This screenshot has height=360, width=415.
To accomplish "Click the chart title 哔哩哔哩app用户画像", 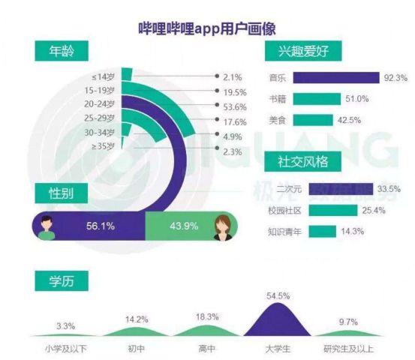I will (x=208, y=28).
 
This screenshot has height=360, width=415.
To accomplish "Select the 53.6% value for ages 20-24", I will (x=235, y=106).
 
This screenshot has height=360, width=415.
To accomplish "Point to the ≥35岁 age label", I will (x=102, y=146).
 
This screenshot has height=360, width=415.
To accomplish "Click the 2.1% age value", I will (x=232, y=76).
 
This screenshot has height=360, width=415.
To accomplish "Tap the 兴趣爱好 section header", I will (x=303, y=52).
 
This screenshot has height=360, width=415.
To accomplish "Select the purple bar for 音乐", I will (x=335, y=76).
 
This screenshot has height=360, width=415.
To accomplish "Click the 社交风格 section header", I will (x=303, y=161).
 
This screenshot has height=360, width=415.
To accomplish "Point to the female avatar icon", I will (x=223, y=225).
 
